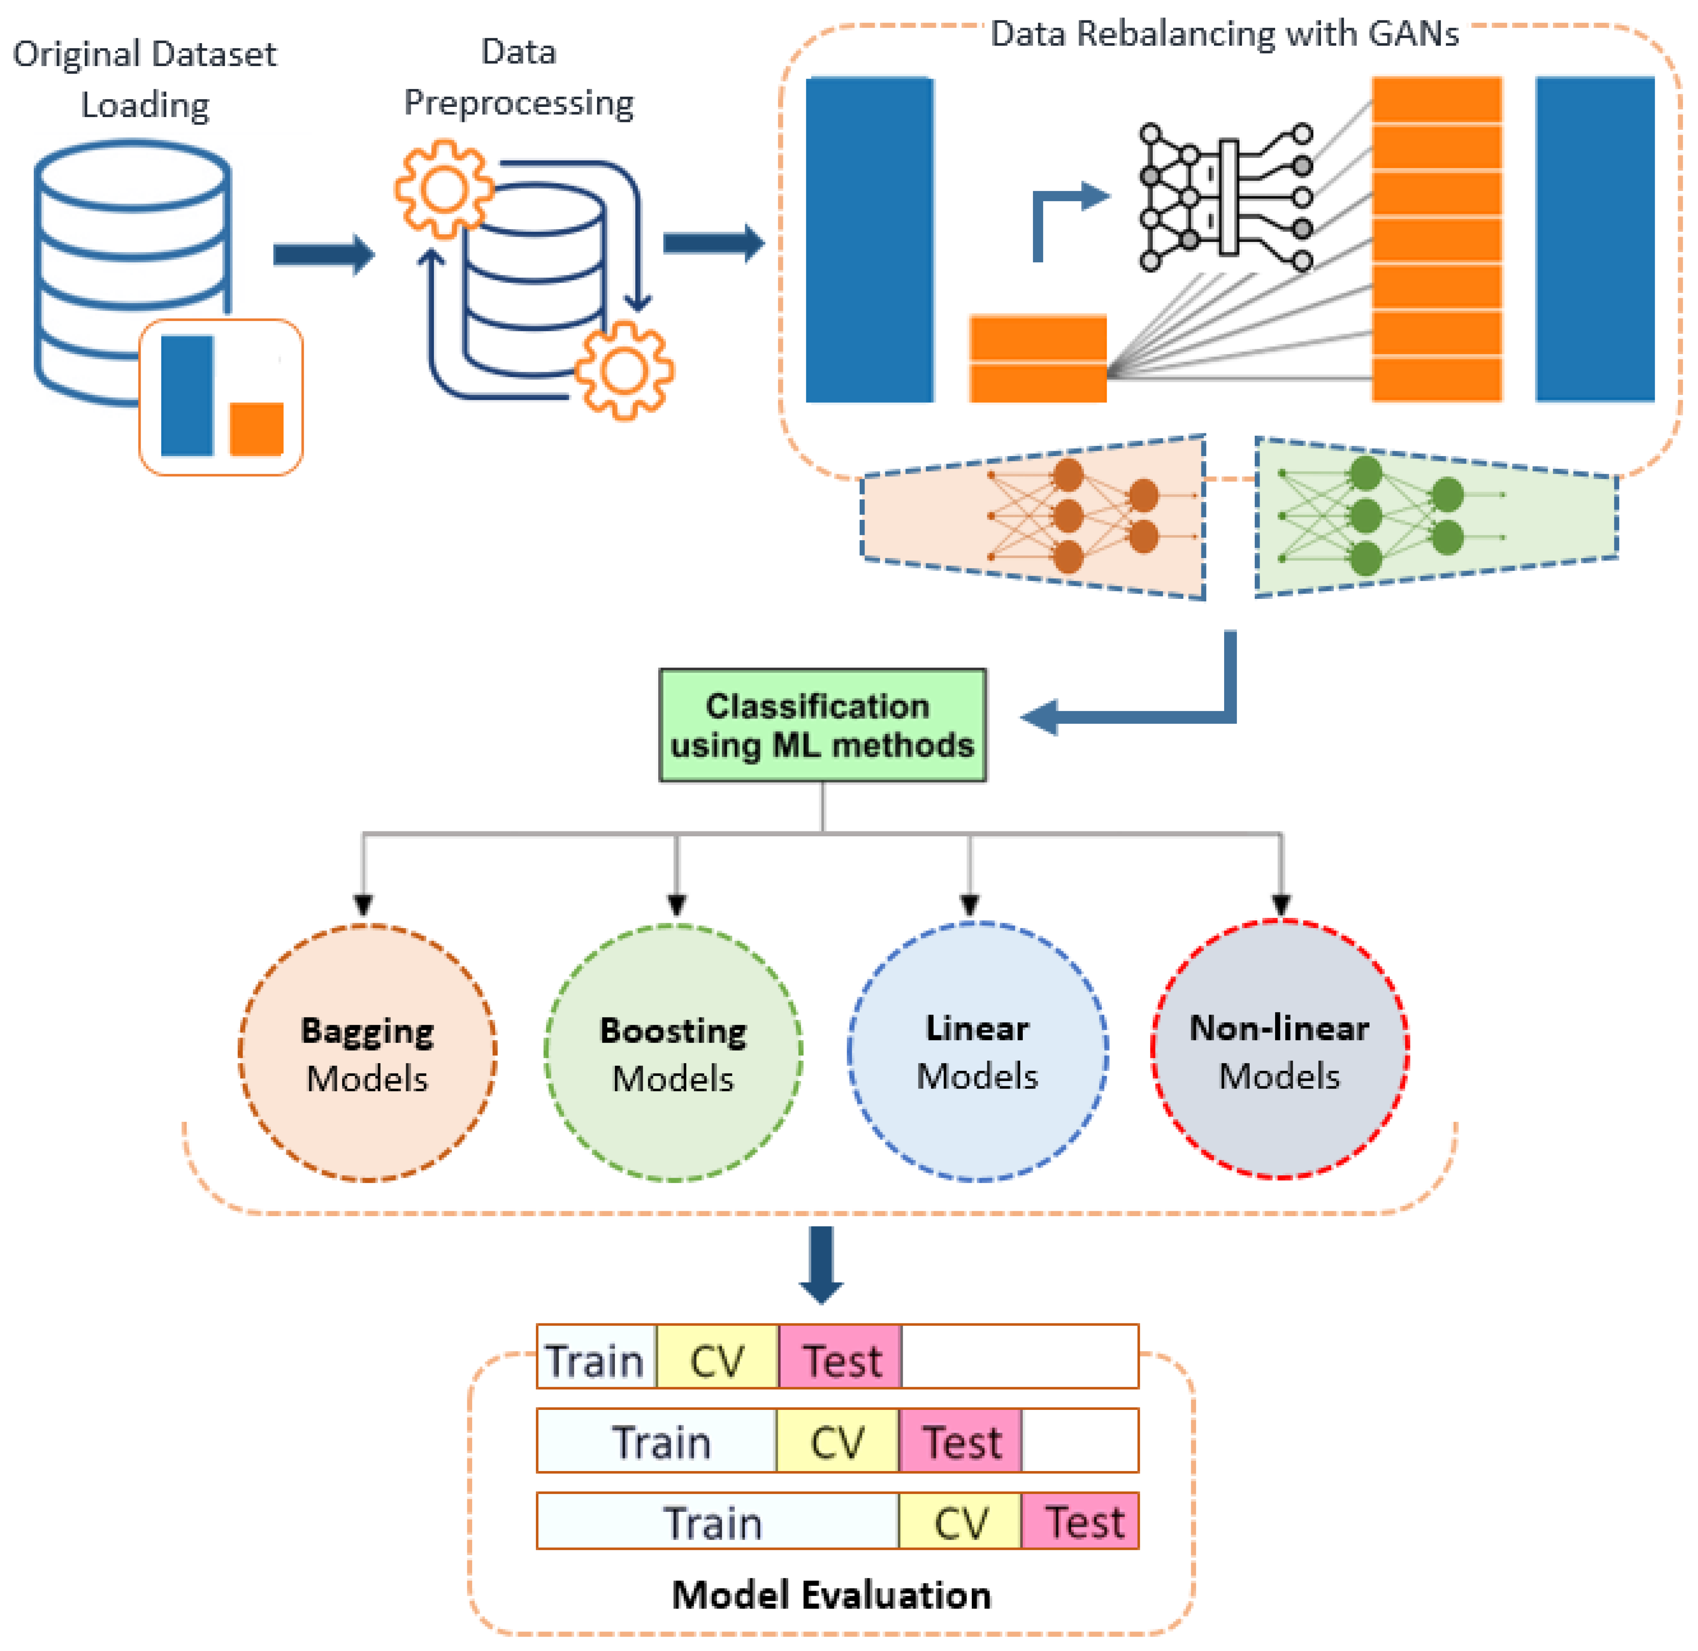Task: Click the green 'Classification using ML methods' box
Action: tap(822, 725)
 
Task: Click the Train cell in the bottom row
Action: tap(716, 1524)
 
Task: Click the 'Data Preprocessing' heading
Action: tap(518, 78)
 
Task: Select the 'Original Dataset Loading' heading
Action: tap(145, 80)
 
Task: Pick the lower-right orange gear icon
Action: tap(623, 371)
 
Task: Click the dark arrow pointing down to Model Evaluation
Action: tap(821, 1264)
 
